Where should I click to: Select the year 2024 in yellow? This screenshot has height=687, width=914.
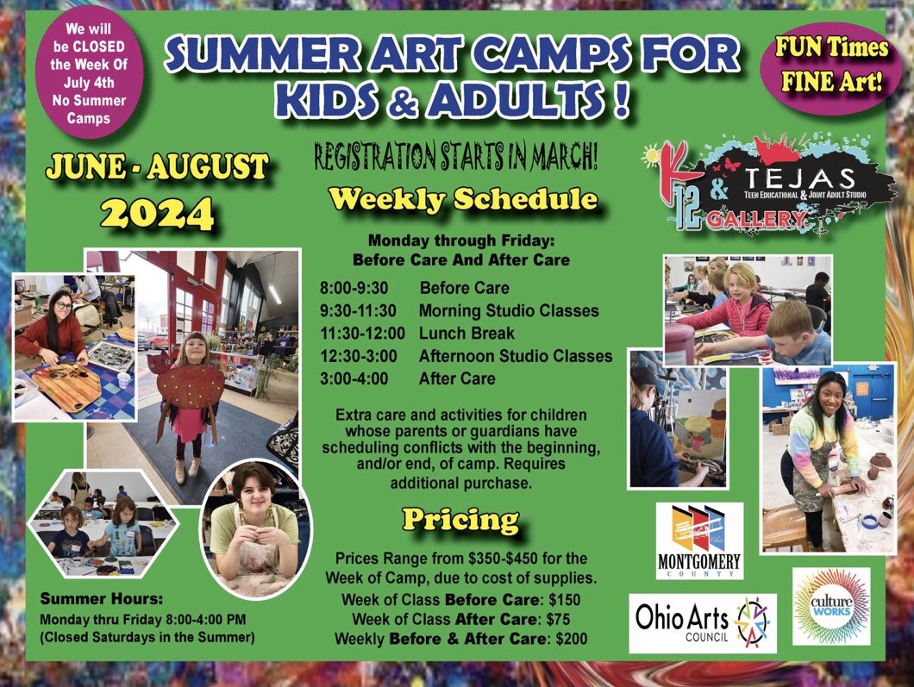[x=154, y=211]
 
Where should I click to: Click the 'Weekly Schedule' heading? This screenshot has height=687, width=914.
[x=463, y=199]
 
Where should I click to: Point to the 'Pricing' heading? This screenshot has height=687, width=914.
[x=460, y=520]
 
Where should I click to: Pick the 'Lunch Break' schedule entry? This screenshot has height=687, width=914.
[x=466, y=333]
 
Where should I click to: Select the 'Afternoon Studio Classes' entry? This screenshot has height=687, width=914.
[x=516, y=355]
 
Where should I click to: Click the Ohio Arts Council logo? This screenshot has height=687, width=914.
[x=702, y=622]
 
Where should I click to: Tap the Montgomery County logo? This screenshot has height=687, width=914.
[x=698, y=540]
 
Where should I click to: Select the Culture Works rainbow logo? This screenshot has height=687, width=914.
[x=831, y=605]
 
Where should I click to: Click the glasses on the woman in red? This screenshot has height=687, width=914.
[x=63, y=303]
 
